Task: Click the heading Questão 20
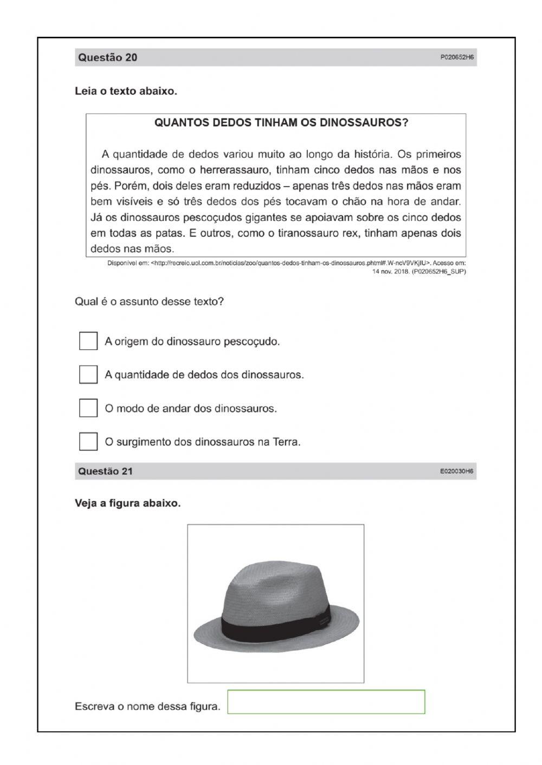point(107,57)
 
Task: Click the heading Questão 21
point(105,471)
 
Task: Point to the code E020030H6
point(456,472)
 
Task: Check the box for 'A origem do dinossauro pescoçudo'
point(88,341)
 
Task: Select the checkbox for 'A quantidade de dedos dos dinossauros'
point(88,374)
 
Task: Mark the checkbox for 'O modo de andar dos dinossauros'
point(88,408)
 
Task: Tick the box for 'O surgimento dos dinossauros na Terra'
point(88,441)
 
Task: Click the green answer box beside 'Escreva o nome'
point(326,702)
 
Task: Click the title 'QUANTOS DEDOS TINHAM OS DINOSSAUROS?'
point(281,122)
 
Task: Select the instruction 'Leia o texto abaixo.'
point(126,91)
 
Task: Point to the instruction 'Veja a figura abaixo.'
point(127,503)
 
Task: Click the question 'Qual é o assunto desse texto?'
point(149,302)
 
